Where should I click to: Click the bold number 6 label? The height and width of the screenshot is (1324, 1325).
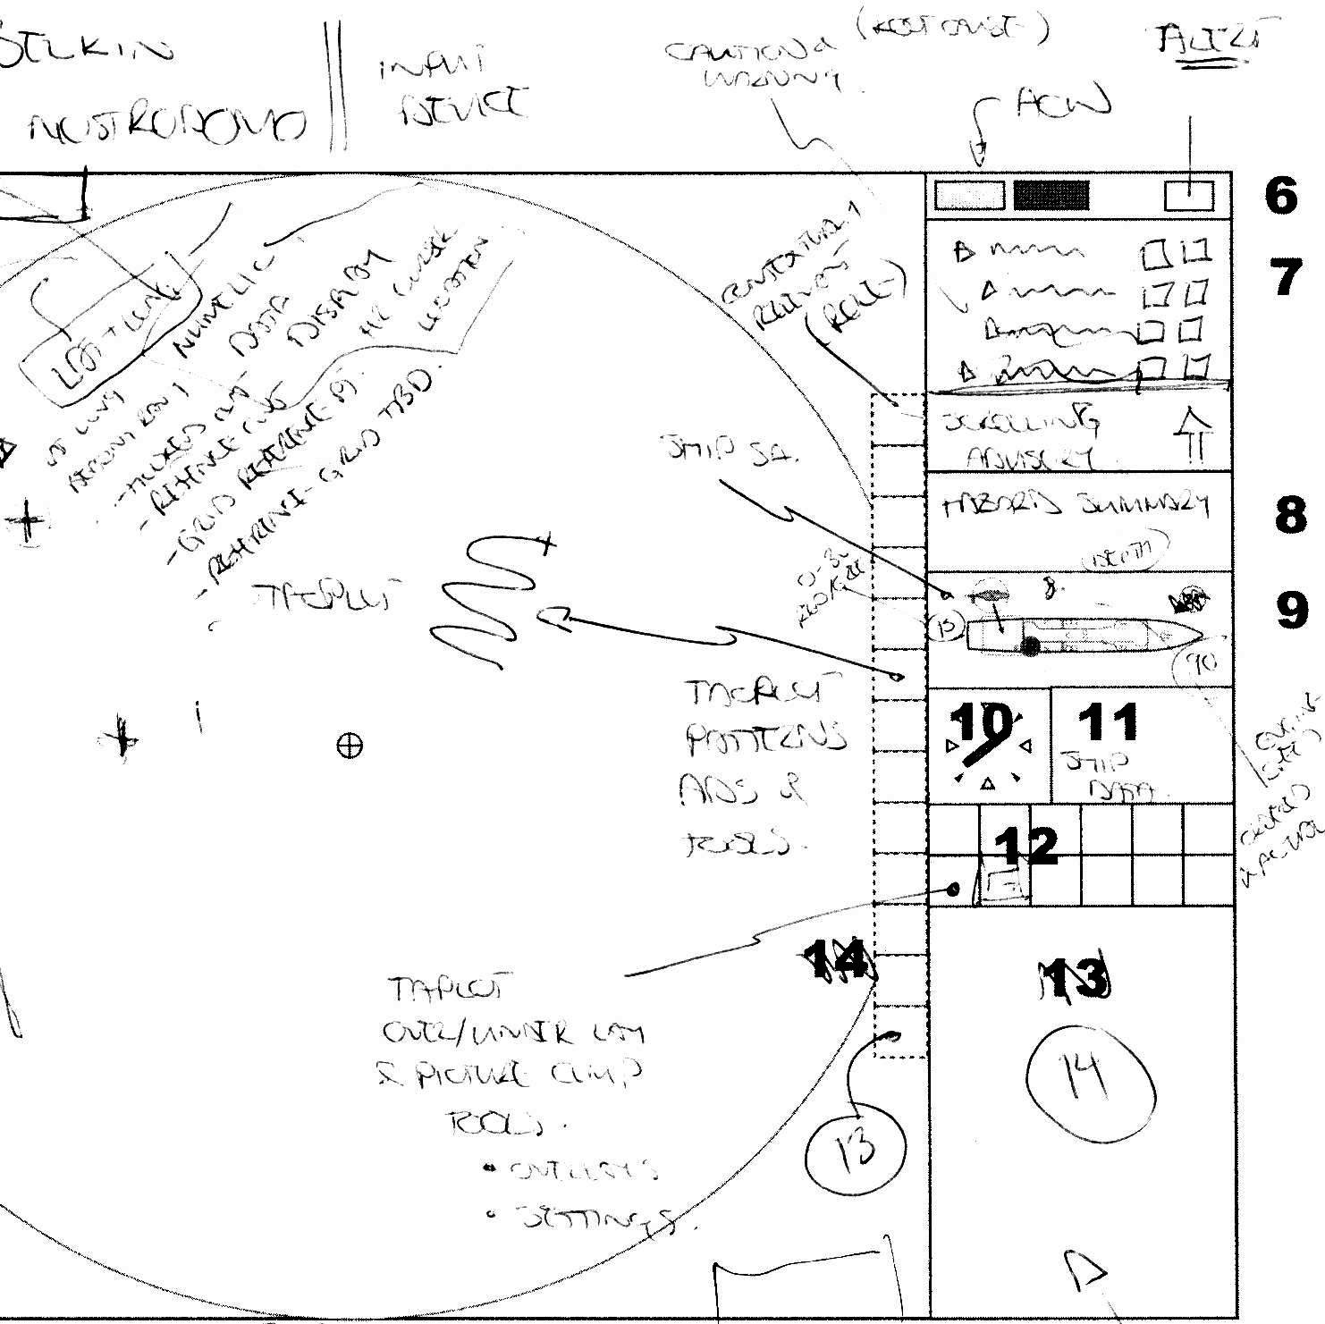point(1280,195)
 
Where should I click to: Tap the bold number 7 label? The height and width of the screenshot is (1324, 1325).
point(1286,277)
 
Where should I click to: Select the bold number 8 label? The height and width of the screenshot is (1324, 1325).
point(1289,516)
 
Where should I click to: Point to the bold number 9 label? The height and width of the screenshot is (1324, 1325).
point(1291,610)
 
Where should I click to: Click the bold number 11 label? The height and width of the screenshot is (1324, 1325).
point(1109,722)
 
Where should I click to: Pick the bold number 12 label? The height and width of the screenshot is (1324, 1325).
point(1025,846)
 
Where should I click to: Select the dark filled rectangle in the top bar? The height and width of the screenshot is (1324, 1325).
point(1051,196)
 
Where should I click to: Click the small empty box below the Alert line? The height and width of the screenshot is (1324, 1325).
point(1189,196)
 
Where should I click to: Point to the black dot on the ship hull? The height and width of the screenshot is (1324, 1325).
point(1030,646)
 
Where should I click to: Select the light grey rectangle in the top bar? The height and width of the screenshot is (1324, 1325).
point(969,196)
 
